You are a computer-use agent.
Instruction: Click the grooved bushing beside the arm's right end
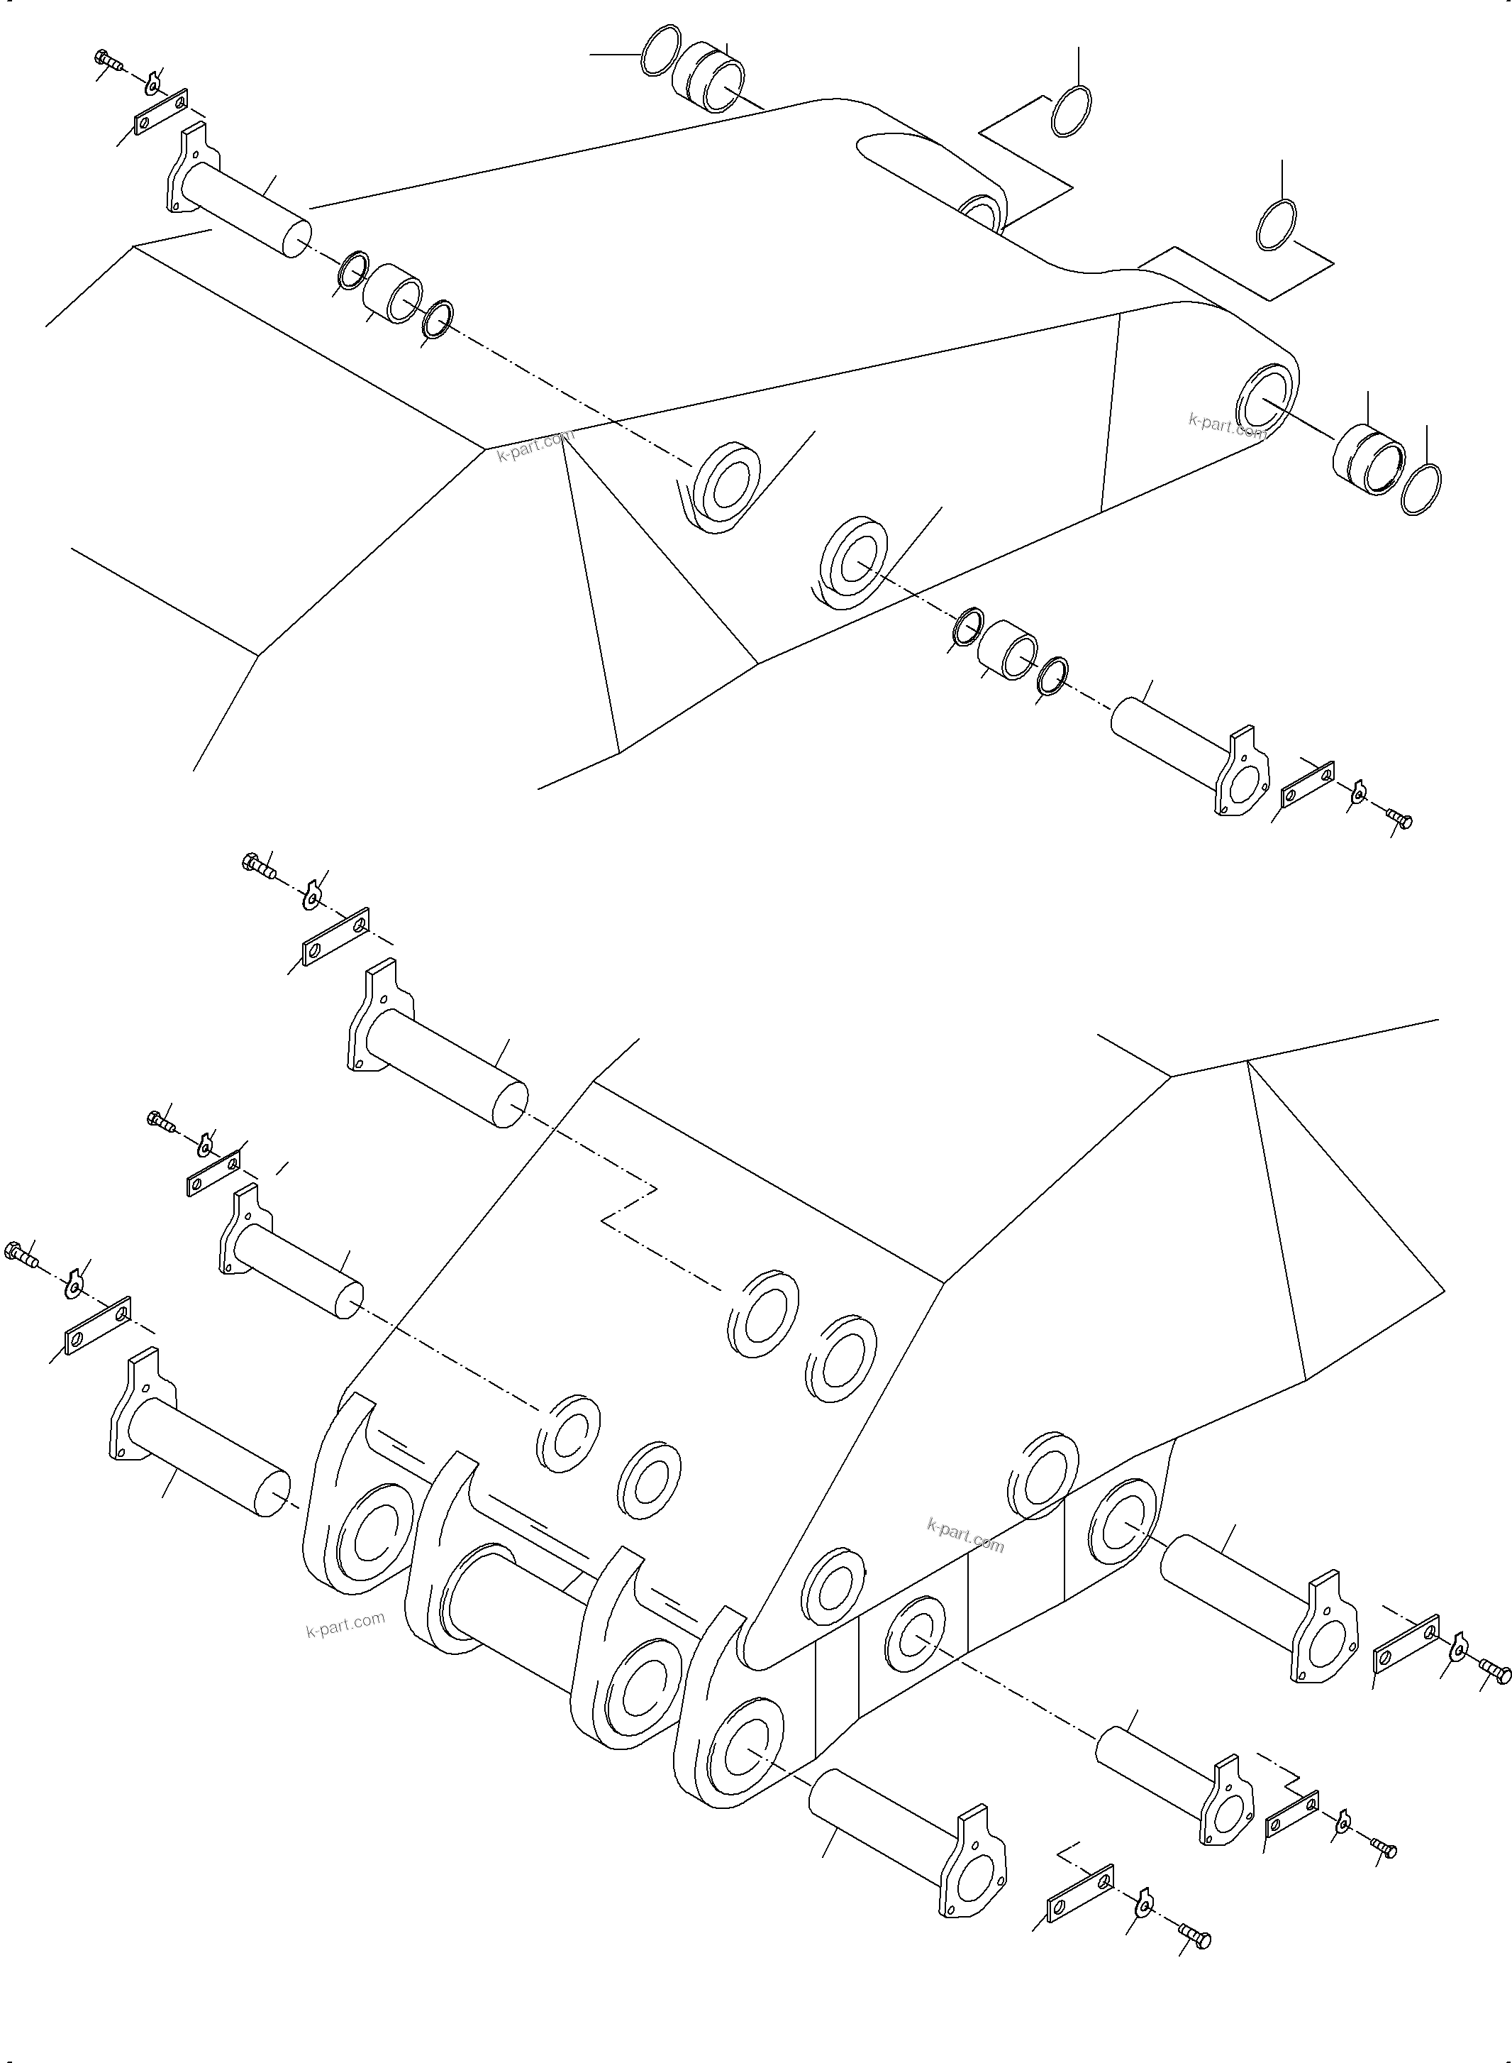(1367, 458)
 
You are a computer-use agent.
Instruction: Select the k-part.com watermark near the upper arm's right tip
(1226, 425)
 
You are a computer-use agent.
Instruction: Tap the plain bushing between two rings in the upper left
(391, 293)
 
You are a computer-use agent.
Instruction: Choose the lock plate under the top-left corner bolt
(161, 111)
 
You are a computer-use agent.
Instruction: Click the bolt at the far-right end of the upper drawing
(1399, 817)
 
